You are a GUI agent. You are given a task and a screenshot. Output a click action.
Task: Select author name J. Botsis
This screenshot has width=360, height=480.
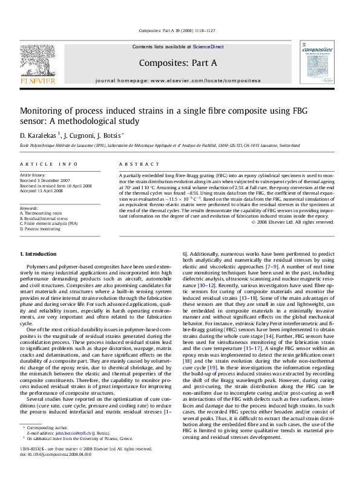pos(113,135)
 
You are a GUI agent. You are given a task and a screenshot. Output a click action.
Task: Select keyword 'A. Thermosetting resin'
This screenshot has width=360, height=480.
pos(41,213)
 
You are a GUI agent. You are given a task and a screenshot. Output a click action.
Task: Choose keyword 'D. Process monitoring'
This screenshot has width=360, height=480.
pos(41,230)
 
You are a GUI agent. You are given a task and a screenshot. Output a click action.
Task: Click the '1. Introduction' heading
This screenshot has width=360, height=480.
pos(38,270)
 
